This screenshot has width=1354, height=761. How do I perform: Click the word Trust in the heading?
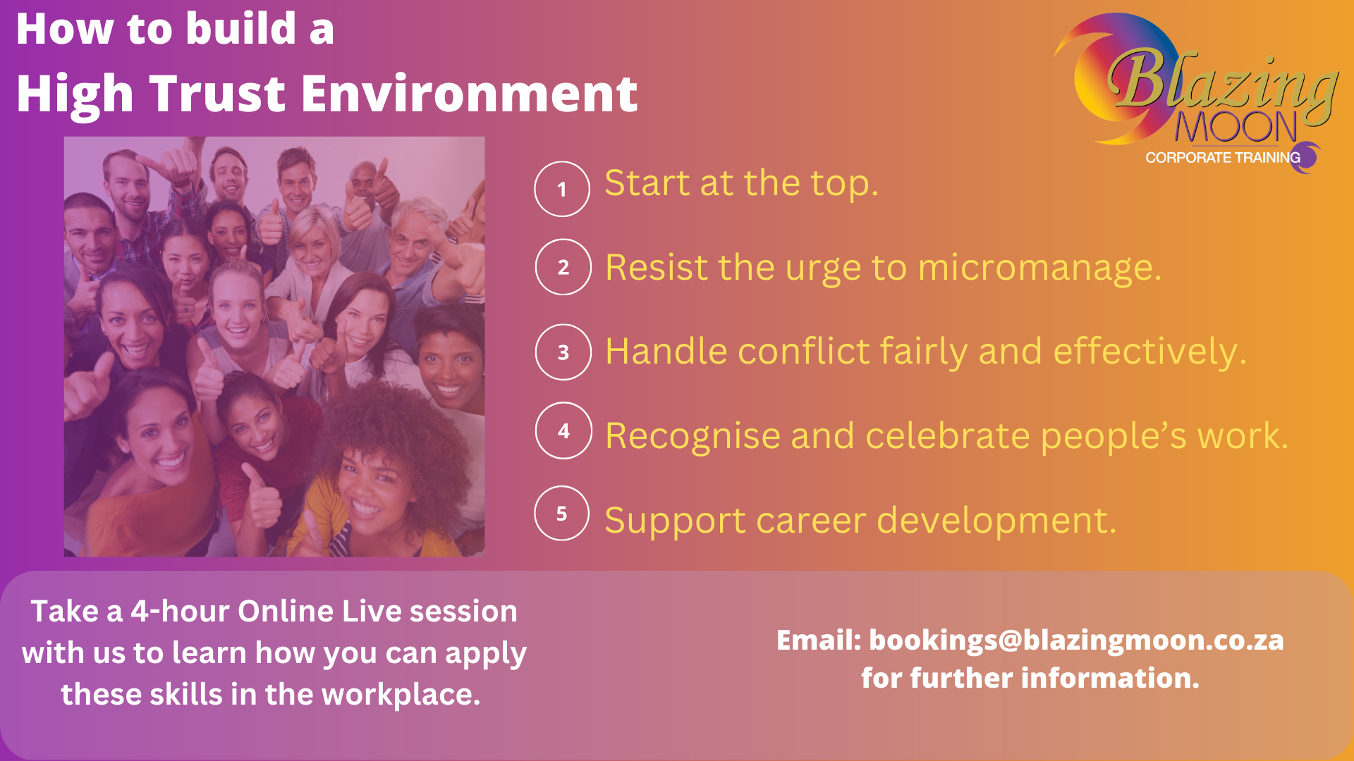(219, 94)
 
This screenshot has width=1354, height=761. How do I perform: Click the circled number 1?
(562, 189)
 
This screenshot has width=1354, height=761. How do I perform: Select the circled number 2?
(563, 267)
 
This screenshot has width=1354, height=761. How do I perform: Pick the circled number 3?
(563, 352)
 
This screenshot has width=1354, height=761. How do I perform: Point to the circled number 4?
(563, 431)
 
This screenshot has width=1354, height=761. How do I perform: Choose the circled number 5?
(562, 514)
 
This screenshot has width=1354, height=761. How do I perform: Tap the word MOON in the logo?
(1236, 128)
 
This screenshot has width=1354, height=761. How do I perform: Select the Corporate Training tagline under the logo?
(1223, 158)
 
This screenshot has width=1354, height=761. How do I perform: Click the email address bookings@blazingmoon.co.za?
(1076, 641)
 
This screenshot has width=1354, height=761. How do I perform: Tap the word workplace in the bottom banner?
(401, 695)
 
